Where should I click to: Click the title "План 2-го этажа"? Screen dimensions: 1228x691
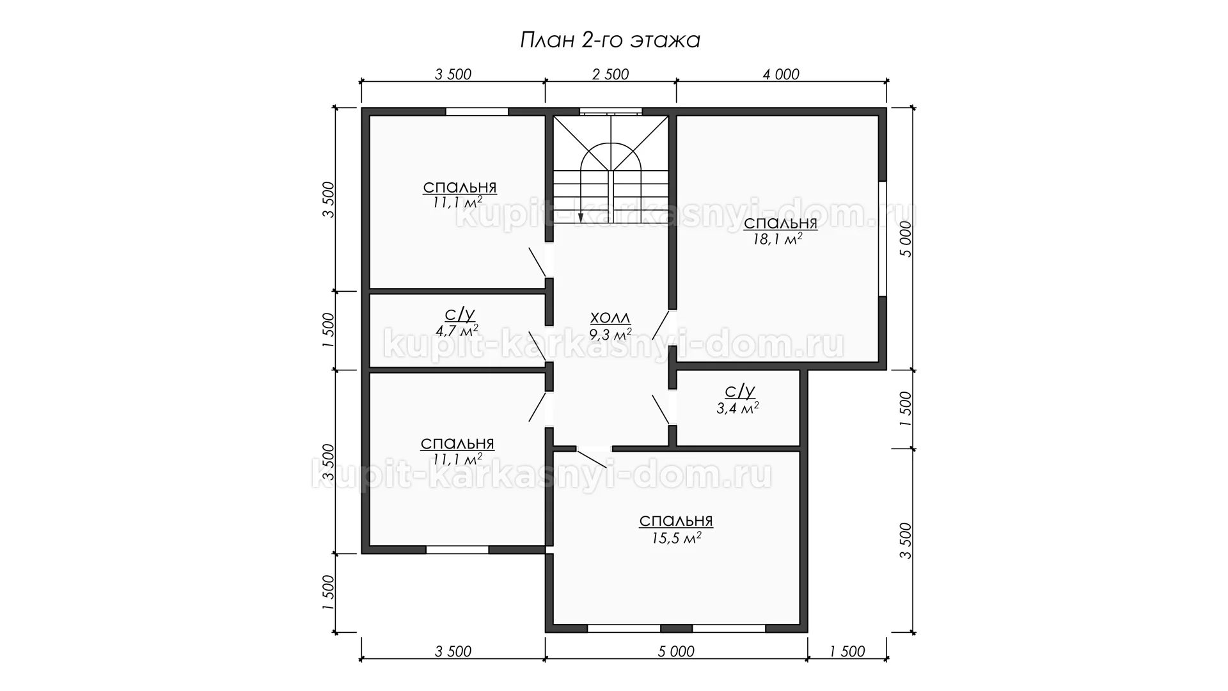(610, 40)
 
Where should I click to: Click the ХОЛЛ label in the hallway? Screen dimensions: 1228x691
(610, 318)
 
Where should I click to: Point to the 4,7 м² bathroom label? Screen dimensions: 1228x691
(457, 330)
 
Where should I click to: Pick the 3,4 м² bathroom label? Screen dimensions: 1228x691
(737, 407)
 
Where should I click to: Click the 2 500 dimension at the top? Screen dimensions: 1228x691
(611, 74)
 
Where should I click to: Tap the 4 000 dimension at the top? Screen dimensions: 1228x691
(781, 74)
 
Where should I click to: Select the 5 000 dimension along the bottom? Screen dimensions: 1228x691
(675, 651)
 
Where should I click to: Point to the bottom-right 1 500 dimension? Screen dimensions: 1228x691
(847, 651)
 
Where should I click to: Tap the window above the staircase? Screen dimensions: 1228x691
(611, 111)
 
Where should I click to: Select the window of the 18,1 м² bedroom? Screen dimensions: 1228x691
(883, 239)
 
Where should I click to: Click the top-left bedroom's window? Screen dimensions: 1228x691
(477, 111)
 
